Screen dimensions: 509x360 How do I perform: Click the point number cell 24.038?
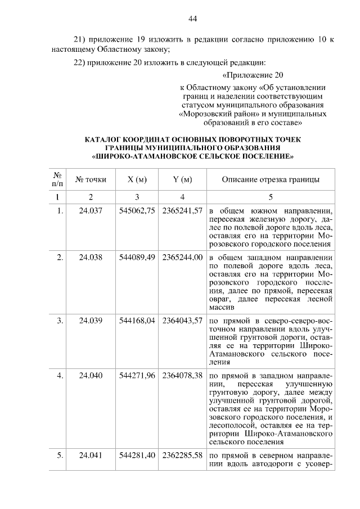[x=91, y=257]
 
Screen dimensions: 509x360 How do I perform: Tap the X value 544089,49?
[x=137, y=257]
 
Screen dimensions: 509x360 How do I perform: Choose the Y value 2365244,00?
[x=182, y=257]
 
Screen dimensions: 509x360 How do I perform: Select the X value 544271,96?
[x=137, y=376]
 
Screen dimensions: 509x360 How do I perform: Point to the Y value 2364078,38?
[x=182, y=376]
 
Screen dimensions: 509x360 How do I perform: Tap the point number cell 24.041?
[x=91, y=456]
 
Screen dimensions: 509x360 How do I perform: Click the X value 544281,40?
[x=137, y=456]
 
